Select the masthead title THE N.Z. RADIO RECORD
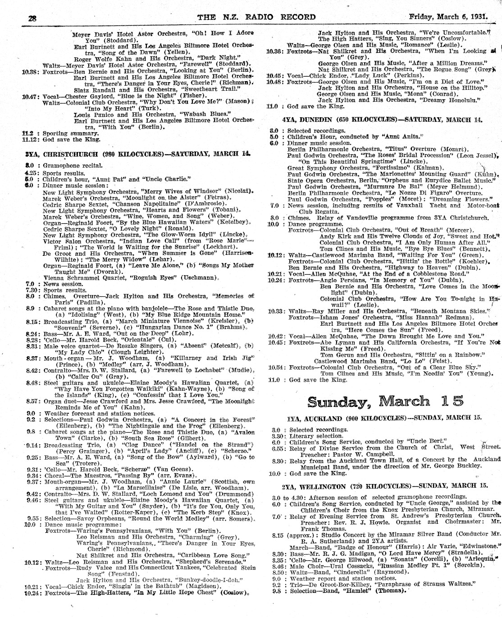click(x=256, y=17)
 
